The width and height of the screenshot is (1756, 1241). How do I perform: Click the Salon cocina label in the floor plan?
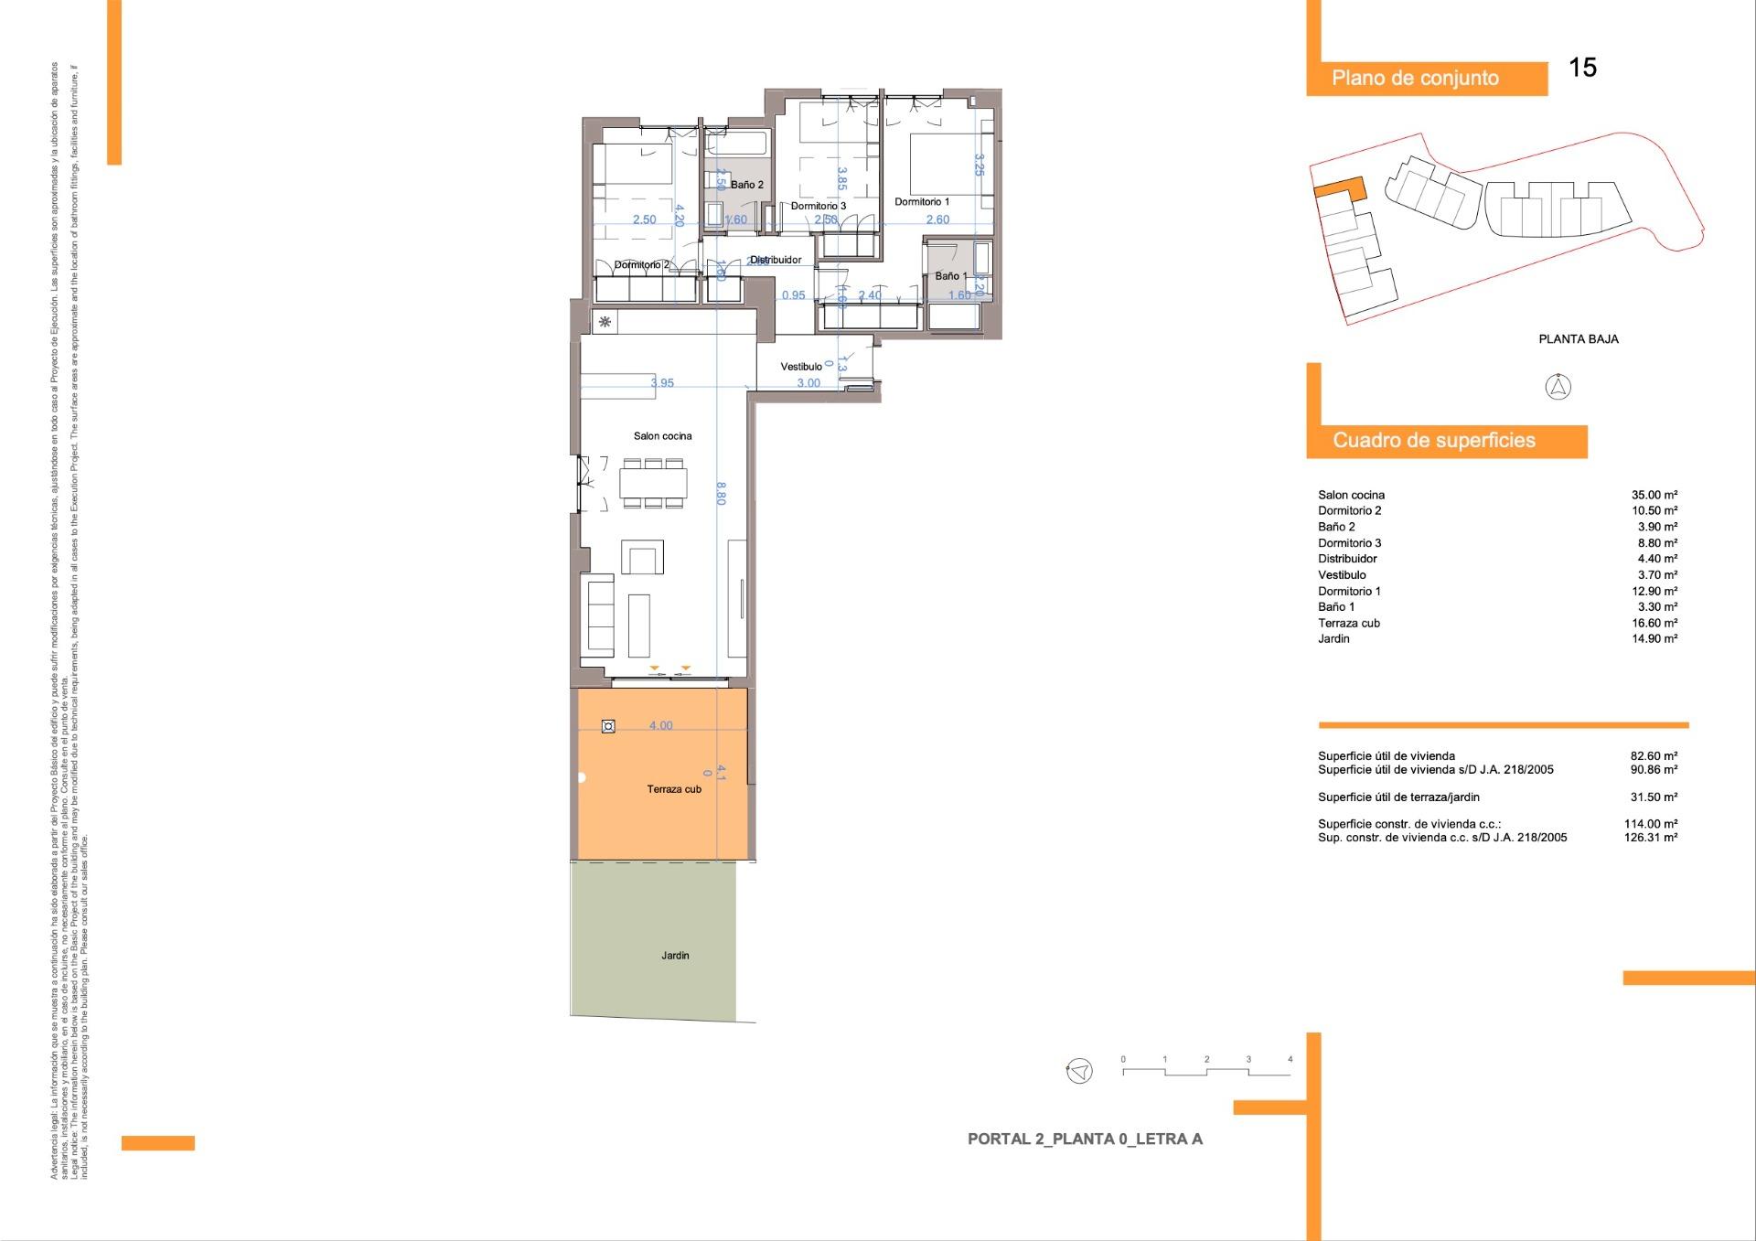coord(662,436)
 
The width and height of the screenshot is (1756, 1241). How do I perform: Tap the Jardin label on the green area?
coord(675,956)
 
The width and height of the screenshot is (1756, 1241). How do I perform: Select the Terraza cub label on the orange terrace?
coord(674,789)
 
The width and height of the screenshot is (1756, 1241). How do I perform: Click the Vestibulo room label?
coord(800,367)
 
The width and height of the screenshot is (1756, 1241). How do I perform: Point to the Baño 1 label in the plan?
coord(950,276)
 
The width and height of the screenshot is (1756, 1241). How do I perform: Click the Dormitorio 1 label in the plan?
coord(921,202)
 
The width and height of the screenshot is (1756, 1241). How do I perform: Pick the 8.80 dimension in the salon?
coord(721,494)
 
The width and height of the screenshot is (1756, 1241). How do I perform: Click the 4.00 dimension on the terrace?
coord(660,726)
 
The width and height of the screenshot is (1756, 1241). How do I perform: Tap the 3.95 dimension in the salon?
coord(661,383)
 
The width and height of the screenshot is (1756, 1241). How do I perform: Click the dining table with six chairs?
coord(653,483)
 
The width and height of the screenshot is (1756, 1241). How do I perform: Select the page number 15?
coord(1582,68)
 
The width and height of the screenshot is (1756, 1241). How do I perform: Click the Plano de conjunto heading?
coord(1415,79)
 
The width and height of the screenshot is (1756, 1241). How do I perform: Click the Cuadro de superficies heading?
coord(1433,441)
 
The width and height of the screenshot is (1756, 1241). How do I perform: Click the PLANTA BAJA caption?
coord(1578,339)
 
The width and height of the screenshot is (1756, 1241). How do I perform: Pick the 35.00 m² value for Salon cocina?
coord(1654,495)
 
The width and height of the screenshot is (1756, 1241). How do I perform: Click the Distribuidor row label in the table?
coord(1347,559)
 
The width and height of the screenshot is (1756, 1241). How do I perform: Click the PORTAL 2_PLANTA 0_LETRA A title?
coord(1085,1139)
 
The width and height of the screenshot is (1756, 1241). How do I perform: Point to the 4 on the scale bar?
coord(1290,1060)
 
